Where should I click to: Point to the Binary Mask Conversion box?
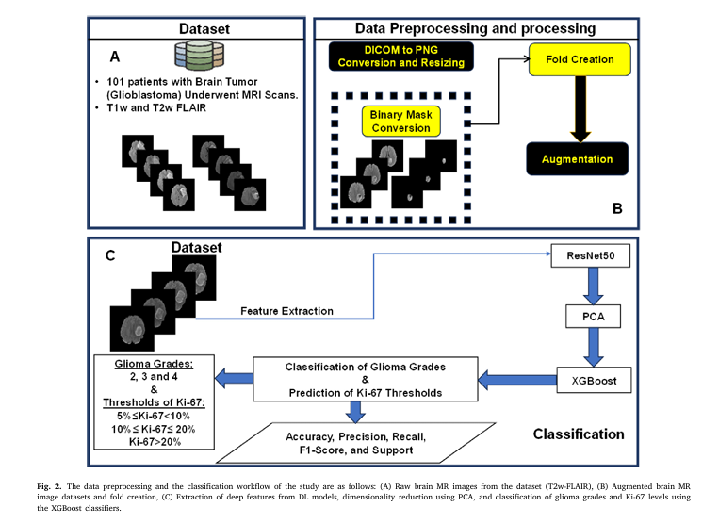400,122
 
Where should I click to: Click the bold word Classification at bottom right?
579,434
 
